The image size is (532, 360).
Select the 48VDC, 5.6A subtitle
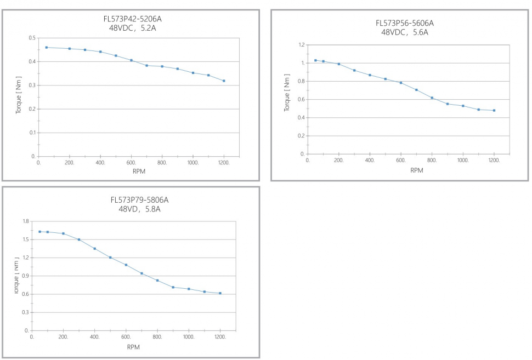pos(404,32)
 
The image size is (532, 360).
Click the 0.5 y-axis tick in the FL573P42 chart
pos(32,38)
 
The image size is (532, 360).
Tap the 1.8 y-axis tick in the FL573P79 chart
pos(25,221)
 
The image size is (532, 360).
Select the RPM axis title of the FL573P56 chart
pos(416,170)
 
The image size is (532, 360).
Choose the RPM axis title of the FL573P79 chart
pos(133,346)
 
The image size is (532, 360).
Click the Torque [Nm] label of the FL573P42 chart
pos(18,97)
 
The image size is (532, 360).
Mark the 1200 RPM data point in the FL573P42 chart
pos(224,81)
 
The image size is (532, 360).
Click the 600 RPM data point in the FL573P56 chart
pos(401,83)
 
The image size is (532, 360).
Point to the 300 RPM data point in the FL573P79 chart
pos(79,239)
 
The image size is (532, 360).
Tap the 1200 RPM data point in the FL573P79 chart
pos(220,293)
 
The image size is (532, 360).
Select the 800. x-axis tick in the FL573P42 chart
pos(162,163)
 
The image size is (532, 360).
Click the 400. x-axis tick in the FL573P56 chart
pos(370,161)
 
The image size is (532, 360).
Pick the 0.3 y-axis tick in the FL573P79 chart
pos(25,313)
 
